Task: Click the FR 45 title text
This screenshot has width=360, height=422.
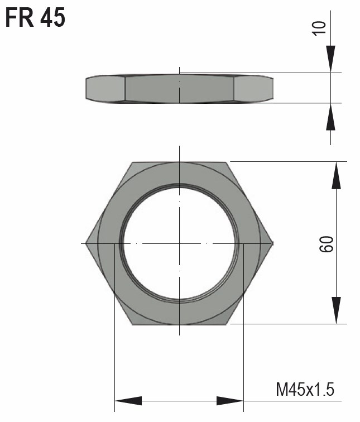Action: pos(35,18)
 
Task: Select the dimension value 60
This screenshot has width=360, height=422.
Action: pos(327,243)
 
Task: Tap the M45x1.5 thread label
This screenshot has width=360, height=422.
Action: pos(305,389)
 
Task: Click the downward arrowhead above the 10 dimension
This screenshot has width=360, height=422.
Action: pos(331,59)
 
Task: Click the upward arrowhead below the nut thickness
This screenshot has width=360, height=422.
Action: pos(331,117)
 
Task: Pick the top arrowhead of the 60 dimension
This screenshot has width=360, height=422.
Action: pos(336,176)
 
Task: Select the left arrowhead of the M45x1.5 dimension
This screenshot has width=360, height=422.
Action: pos(128,401)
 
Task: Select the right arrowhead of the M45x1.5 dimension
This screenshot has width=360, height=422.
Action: pos(230,401)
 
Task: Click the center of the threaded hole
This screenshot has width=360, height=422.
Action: pos(179,243)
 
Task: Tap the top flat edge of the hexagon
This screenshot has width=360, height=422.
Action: pos(179,162)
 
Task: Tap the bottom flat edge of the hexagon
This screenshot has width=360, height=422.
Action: pos(179,324)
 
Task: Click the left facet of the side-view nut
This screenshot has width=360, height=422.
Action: pos(105,88)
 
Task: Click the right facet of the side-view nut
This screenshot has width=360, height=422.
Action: pos(253,88)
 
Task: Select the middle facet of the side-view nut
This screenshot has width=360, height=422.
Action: pos(179,88)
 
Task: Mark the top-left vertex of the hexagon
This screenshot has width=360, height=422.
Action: pos(133,162)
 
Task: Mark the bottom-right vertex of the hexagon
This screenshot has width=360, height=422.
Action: pos(227,324)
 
